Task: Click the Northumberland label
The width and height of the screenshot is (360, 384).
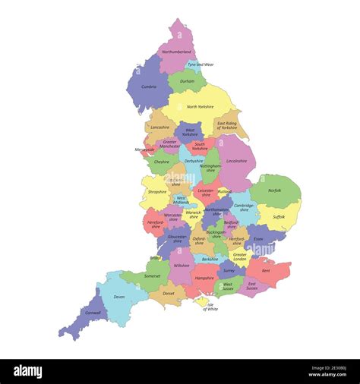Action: click(x=176, y=52)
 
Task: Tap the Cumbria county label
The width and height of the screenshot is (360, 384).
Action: click(x=149, y=87)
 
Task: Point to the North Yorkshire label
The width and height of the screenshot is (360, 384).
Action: click(x=201, y=107)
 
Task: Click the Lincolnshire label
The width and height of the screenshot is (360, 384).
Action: click(x=236, y=161)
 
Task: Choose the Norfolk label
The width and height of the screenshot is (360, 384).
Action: click(x=275, y=190)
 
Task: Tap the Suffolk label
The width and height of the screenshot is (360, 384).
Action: click(x=279, y=216)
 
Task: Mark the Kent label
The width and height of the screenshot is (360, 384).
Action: click(x=266, y=270)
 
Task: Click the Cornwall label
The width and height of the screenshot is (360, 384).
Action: click(x=93, y=313)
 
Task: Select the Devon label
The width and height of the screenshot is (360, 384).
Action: click(x=119, y=297)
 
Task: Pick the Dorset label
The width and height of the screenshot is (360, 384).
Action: click(x=169, y=293)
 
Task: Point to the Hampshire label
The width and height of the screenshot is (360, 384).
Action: click(x=204, y=278)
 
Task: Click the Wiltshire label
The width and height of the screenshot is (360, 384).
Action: click(x=181, y=266)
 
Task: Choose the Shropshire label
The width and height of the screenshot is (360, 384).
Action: click(x=157, y=192)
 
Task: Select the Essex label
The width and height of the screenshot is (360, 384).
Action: click(x=258, y=239)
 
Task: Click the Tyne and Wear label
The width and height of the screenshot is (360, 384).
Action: click(x=201, y=65)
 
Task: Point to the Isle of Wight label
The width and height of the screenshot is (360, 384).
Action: click(x=210, y=307)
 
